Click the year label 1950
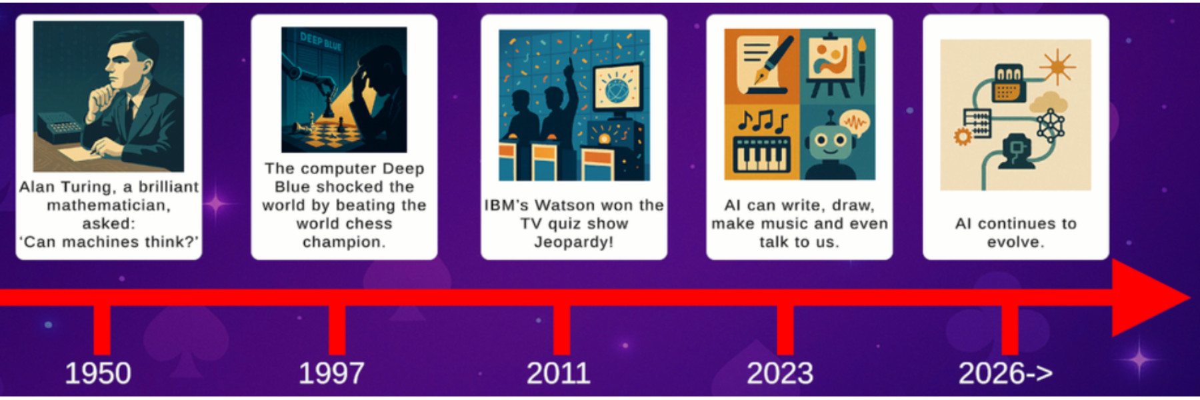(x=97, y=373)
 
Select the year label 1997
(x=331, y=373)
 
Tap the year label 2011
(x=559, y=373)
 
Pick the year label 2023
(x=780, y=373)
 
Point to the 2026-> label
(x=1005, y=373)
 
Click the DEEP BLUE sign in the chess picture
(x=321, y=41)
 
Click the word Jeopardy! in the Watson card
(x=574, y=241)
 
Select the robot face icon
(x=830, y=141)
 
